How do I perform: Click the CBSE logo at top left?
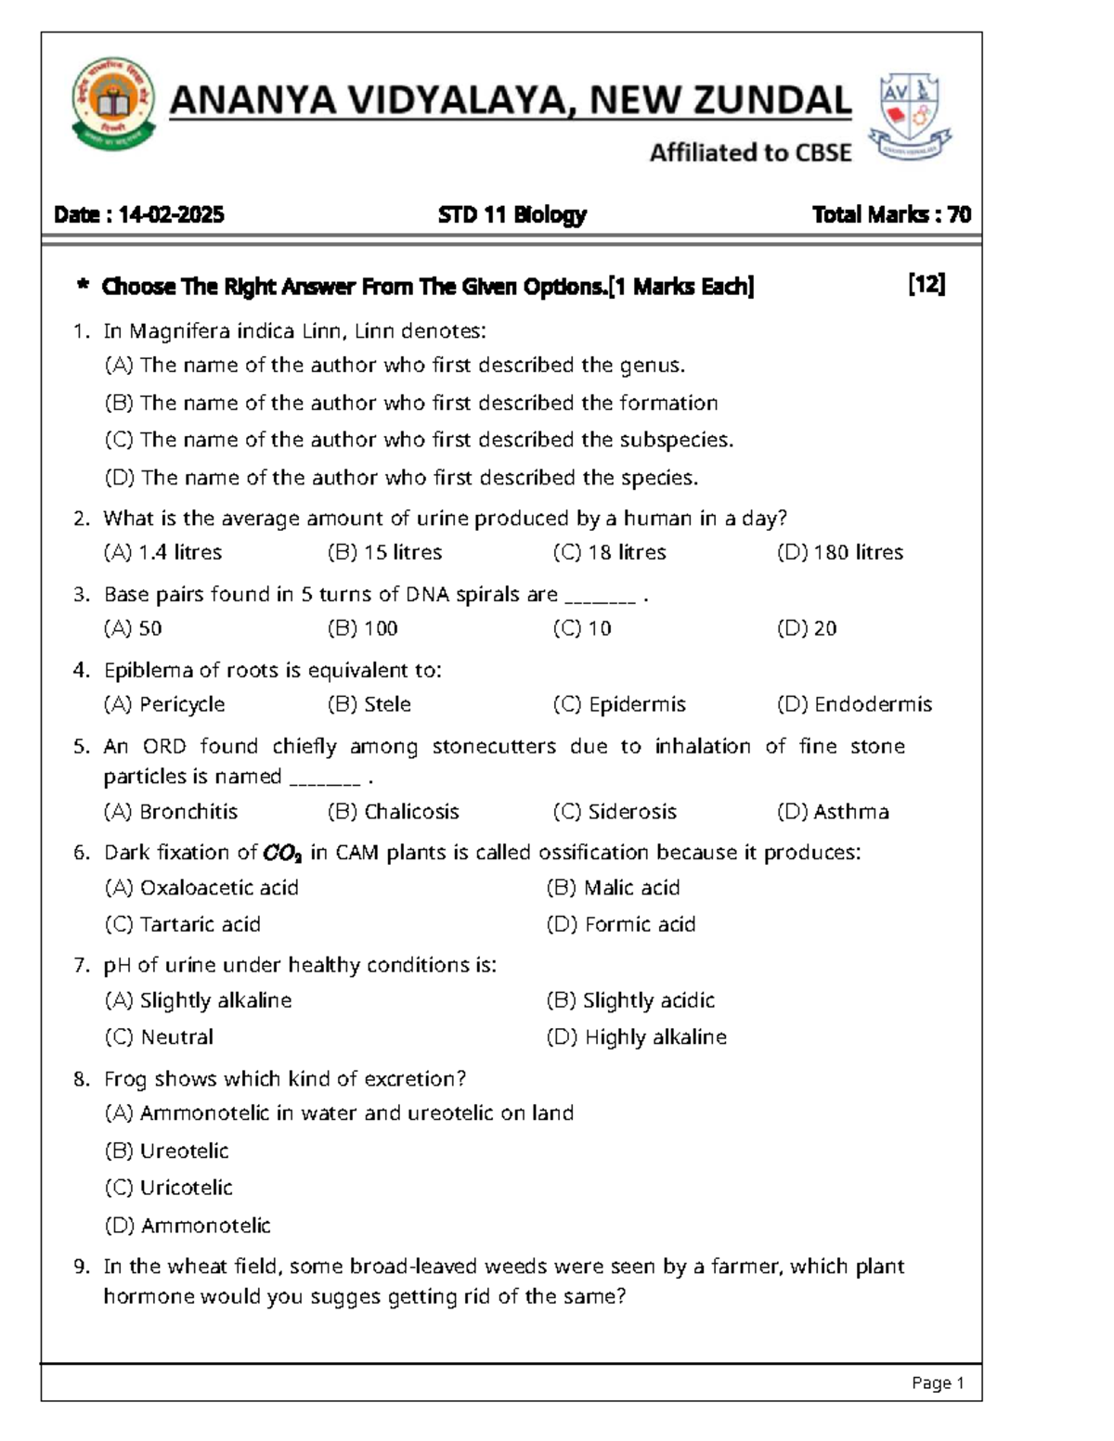112,103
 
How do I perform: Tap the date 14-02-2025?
171,215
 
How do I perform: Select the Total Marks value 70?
959,215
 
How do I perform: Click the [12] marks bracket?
926,285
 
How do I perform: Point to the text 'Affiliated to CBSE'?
750,153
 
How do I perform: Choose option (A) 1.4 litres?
163,552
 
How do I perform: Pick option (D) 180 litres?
840,552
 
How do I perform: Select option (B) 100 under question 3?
363,628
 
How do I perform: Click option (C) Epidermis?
619,704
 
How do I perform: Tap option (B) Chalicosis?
394,812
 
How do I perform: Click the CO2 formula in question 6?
282,853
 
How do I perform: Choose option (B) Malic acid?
614,888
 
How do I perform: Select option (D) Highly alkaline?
637,1036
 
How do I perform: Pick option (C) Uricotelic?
169,1188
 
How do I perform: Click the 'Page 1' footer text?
938,1383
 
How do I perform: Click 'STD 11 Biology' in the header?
512,215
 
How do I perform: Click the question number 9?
82,1267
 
